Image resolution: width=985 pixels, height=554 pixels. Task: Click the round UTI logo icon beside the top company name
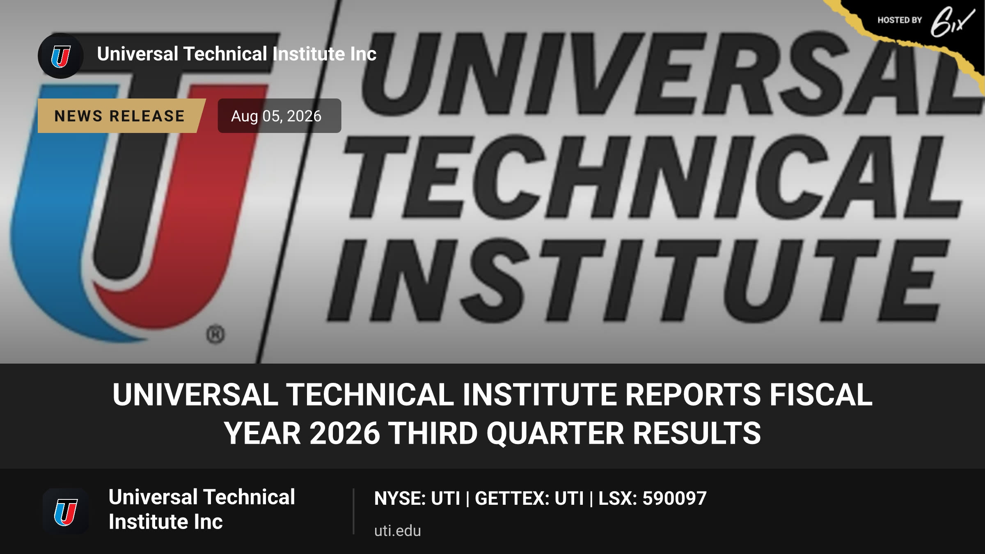tap(61, 56)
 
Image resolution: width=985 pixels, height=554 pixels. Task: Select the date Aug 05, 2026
tap(276, 116)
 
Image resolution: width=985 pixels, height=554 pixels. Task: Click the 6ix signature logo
tap(952, 21)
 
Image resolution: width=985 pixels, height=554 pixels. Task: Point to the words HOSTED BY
tap(900, 20)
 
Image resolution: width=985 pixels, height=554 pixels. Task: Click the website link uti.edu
tap(397, 531)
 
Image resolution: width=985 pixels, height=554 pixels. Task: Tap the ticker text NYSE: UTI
tap(417, 498)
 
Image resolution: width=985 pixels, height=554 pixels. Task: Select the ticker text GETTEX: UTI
tap(529, 498)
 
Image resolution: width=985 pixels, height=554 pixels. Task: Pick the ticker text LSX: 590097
tap(653, 498)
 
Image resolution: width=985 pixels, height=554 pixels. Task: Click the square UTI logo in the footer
tap(66, 511)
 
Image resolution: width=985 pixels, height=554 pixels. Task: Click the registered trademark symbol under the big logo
tap(215, 334)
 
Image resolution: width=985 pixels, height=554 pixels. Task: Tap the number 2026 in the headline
tap(345, 433)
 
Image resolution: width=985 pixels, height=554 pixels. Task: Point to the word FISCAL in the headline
tap(821, 395)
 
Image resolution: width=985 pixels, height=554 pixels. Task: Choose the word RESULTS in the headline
tap(697, 433)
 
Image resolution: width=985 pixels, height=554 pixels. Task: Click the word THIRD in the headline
tap(433, 433)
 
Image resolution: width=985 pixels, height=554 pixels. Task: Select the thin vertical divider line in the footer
tap(353, 511)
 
